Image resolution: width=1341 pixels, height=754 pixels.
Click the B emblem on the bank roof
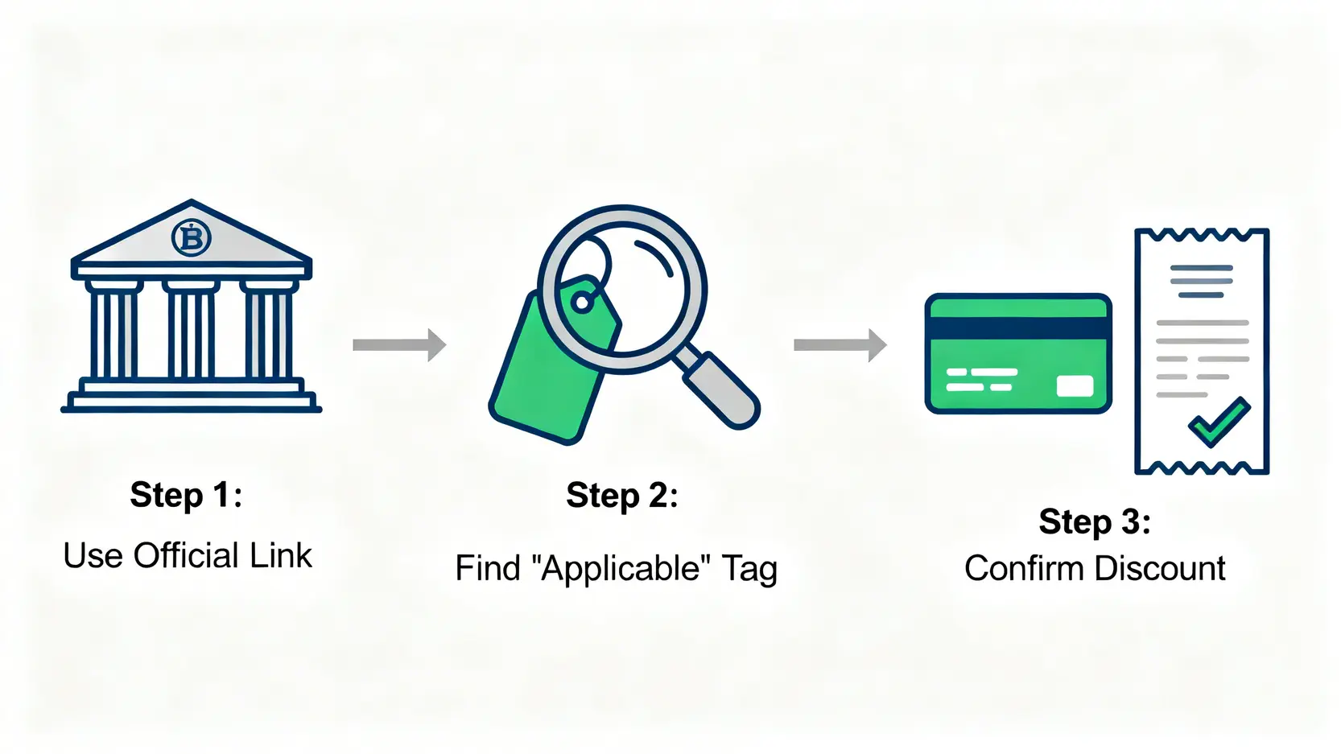[x=192, y=237]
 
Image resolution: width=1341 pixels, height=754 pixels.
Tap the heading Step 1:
[x=186, y=495]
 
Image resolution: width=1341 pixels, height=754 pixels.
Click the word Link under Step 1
[x=280, y=555]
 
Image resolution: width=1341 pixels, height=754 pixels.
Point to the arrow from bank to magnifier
[x=399, y=345]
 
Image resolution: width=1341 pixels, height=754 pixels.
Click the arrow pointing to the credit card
[x=840, y=345]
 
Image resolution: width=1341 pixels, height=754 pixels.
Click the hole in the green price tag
[x=580, y=303]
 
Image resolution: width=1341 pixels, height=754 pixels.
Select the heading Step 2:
[x=622, y=496]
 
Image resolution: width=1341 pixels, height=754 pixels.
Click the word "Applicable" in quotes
[x=621, y=569]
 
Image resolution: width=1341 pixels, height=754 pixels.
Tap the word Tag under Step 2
[x=749, y=569]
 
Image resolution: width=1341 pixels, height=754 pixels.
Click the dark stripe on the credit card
[x=1018, y=328]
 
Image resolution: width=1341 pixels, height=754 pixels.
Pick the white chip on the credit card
[x=1075, y=386]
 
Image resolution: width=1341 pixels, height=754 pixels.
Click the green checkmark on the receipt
[x=1219, y=421]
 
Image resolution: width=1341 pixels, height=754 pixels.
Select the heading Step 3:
[x=1095, y=522]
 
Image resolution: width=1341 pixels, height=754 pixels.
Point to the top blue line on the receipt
[x=1201, y=268]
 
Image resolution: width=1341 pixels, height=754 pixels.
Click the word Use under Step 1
[x=93, y=555]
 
